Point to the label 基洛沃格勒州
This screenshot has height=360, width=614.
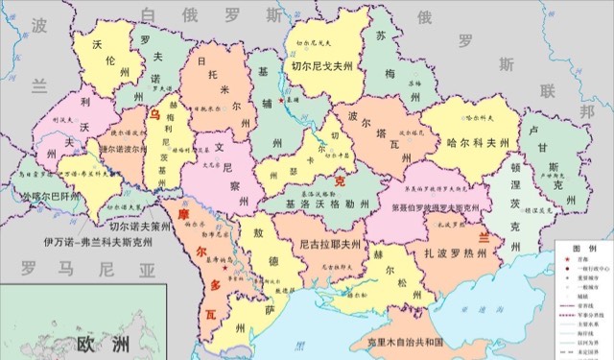tap(326, 203)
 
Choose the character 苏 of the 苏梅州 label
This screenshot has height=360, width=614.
tap(383, 36)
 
